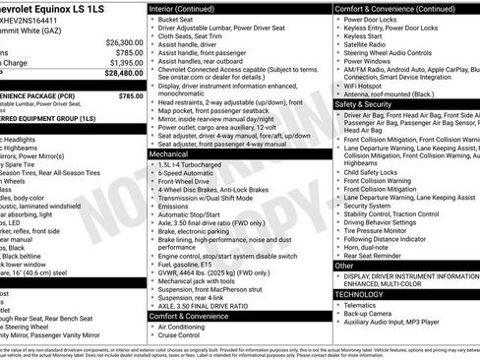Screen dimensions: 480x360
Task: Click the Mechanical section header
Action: pyautogui.click(x=169, y=154)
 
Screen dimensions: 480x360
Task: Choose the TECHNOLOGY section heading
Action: pyautogui.click(x=360, y=294)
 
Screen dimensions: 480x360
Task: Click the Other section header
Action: pyautogui.click(x=344, y=266)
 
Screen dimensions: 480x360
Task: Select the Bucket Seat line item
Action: pyautogui.click(x=178, y=19)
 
